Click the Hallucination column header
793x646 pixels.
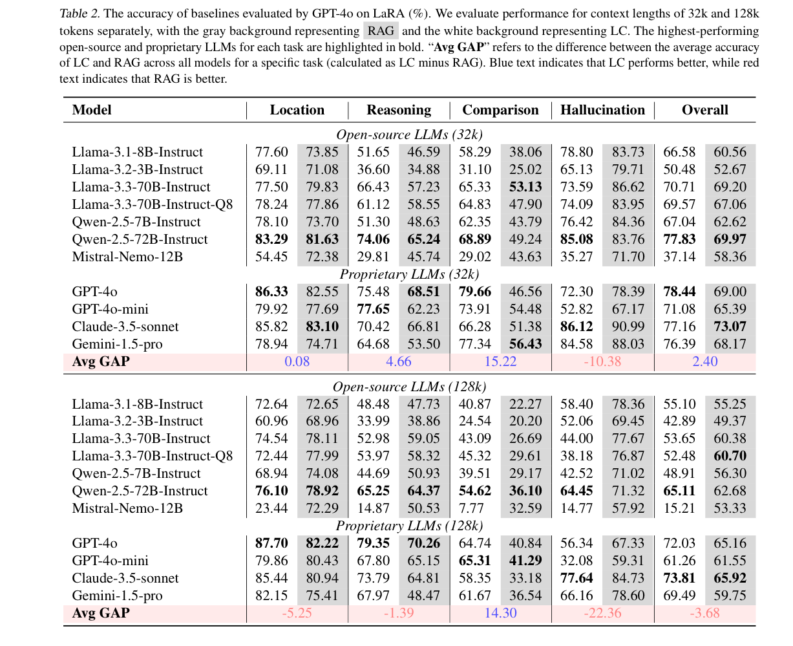pyautogui.click(x=602, y=110)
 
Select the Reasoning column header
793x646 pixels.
pyautogui.click(x=399, y=110)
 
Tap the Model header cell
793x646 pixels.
pyautogui.click(x=92, y=110)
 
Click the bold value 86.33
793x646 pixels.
pyautogui.click(x=271, y=292)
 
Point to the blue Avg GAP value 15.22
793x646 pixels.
pyautogui.click(x=500, y=361)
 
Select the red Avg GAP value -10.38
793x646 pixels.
pyautogui.click(x=602, y=361)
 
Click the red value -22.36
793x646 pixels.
pyautogui.click(x=602, y=612)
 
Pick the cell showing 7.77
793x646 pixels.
pyautogui.click(x=475, y=508)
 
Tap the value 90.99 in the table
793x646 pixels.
pyautogui.click(x=628, y=327)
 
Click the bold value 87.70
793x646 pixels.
pyautogui.click(x=271, y=543)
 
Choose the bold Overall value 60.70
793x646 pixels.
pyautogui.click(x=730, y=456)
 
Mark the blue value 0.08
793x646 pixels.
pyautogui.click(x=297, y=361)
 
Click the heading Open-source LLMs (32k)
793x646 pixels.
pyautogui.click(x=410, y=135)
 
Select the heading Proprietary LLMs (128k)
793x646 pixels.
pyautogui.click(x=410, y=526)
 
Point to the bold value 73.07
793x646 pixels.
pyautogui.click(x=730, y=327)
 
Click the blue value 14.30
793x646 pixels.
pyautogui.click(x=500, y=612)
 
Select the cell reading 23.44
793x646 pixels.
pyautogui.click(x=271, y=508)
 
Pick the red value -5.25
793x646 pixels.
pyautogui.click(x=297, y=612)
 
